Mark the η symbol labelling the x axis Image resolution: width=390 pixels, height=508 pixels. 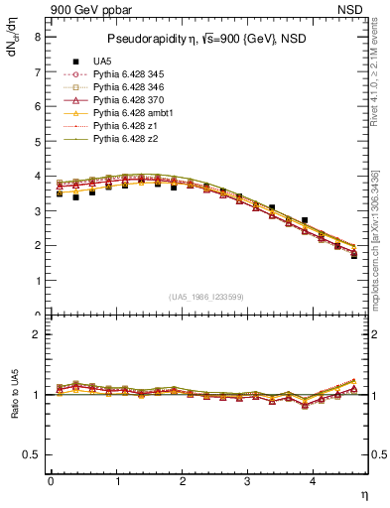pos(362,493)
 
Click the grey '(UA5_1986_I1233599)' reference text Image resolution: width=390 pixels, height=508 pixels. pos(207,297)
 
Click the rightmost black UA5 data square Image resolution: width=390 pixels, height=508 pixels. pos(354,255)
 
